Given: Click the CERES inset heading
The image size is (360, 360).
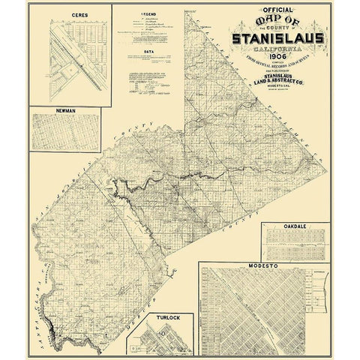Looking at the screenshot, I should (x=72, y=14).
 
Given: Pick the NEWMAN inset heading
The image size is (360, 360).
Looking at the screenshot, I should (x=69, y=109).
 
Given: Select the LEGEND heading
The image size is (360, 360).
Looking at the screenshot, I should (x=146, y=15).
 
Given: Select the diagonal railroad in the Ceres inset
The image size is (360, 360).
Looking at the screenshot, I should (x=75, y=60).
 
